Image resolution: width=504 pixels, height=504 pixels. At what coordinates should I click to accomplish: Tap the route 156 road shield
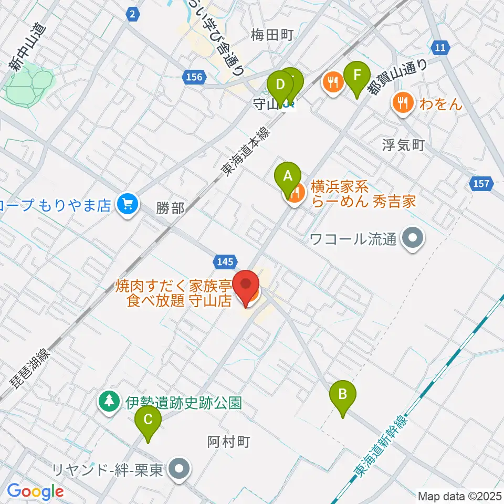coord(194,78)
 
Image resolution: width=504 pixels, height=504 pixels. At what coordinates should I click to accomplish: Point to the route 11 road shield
coord(441,48)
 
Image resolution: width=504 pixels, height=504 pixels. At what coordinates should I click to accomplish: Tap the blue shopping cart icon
coord(127,204)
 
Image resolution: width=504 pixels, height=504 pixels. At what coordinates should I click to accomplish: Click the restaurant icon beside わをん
coord(403,102)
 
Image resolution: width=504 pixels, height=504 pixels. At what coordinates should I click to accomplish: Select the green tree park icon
coord(109,402)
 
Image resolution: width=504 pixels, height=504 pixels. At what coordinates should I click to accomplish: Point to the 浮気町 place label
coord(403,145)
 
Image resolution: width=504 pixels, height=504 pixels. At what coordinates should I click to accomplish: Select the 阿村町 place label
coord(226,442)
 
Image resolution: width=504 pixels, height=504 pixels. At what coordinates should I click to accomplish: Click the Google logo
coord(35,492)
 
